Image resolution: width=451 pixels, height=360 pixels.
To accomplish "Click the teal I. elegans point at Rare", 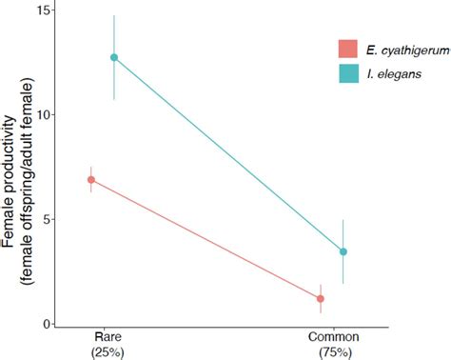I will (x=114, y=57).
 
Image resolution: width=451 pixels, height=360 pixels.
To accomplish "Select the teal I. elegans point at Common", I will (x=343, y=251).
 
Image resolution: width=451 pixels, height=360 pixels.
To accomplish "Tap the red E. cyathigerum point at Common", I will (x=321, y=298).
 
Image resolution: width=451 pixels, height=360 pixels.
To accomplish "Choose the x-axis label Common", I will (x=332, y=338).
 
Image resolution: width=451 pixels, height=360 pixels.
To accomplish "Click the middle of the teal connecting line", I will (x=228, y=154).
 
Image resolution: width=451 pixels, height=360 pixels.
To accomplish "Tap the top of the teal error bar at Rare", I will (x=114, y=16).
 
